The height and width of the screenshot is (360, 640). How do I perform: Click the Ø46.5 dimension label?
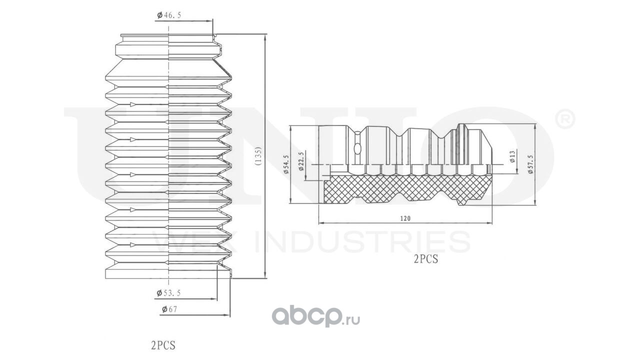coord(169,15)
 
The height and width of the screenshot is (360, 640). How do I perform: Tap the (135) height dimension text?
coord(257,156)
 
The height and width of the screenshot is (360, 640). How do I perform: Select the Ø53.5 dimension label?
coord(168,293)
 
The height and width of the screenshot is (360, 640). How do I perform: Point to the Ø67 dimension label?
coord(169,309)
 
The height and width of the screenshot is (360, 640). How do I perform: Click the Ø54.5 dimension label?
coord(286,164)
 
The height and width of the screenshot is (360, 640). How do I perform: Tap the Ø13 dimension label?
coord(512,156)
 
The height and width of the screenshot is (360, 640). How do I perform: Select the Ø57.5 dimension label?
coord(530,164)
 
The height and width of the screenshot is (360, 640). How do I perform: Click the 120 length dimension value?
coord(405,218)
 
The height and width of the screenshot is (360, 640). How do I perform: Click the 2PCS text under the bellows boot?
coord(163,345)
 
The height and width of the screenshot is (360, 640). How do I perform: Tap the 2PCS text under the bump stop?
coord(425,259)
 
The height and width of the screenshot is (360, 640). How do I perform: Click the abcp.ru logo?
coord(315,316)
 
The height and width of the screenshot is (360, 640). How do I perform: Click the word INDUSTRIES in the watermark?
coord(362,242)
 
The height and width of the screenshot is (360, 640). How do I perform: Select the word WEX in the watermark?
coord(195,242)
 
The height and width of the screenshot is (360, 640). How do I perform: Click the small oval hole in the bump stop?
coord(357,148)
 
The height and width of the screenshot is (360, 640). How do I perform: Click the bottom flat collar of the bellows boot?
coord(168,273)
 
